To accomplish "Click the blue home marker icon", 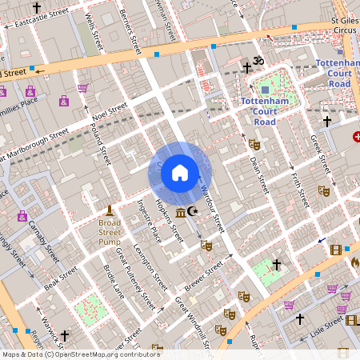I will [180, 172].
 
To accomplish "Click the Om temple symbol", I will [258, 61].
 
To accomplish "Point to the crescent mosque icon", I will [191, 212].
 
